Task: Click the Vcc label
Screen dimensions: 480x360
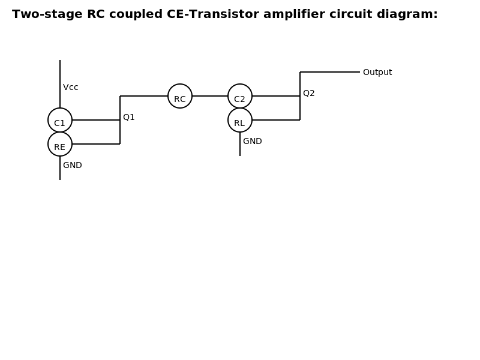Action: coord(71,87)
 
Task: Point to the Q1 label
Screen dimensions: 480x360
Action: coord(129,117)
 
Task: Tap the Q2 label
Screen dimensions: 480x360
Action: coord(309,93)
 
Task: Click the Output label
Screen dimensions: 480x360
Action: coord(377,72)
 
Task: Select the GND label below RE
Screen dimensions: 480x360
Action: coord(73,166)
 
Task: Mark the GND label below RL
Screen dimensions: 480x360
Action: coord(253,141)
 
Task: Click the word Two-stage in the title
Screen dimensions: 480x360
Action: coord(47,14)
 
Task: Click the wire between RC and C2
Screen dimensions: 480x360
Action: coord(210,96)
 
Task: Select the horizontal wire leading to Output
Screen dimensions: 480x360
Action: coord(330,72)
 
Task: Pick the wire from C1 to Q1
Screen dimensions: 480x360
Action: coord(96,120)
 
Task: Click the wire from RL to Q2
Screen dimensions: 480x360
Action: coord(276,120)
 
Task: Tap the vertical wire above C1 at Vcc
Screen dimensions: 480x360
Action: coord(60,84)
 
